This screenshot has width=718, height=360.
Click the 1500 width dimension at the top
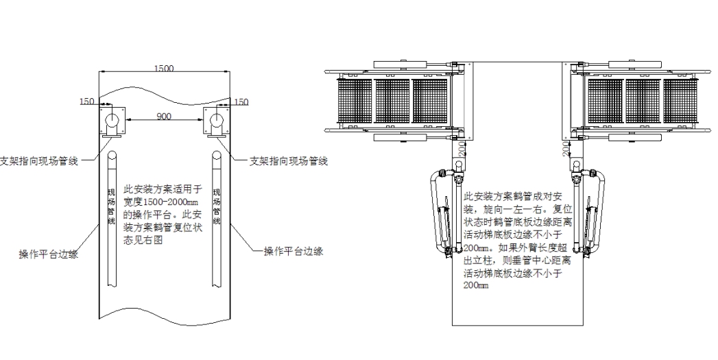(163, 68)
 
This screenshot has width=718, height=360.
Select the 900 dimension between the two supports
(164, 117)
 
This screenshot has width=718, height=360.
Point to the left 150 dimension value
(87, 101)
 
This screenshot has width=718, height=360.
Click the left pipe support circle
(111, 122)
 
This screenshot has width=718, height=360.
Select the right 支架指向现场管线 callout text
(287, 161)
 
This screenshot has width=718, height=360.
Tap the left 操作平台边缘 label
(48, 254)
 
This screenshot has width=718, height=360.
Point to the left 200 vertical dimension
(460, 148)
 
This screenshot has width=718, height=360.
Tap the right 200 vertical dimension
(566, 149)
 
